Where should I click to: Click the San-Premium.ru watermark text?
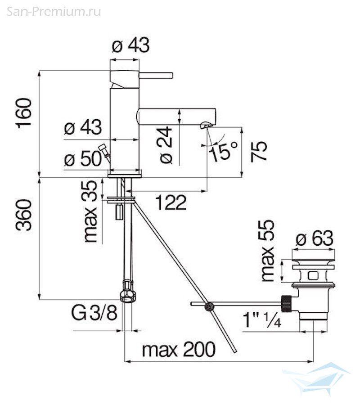point(54,12)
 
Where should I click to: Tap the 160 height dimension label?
point(24,113)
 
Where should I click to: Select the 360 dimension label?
point(24,215)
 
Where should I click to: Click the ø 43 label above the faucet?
point(130,45)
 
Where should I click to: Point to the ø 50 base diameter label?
point(83,158)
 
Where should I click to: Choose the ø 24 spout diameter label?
point(166,144)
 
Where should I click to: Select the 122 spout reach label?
point(171,203)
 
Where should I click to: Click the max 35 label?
point(90,212)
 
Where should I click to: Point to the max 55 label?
point(267,251)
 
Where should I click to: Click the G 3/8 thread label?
point(94,313)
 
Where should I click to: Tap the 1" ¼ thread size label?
point(262,320)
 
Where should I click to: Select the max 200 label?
point(179,350)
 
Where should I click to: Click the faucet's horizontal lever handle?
point(156,76)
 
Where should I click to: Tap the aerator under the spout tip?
point(205,125)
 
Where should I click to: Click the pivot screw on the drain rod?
point(209,306)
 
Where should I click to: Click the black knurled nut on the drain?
point(286,304)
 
